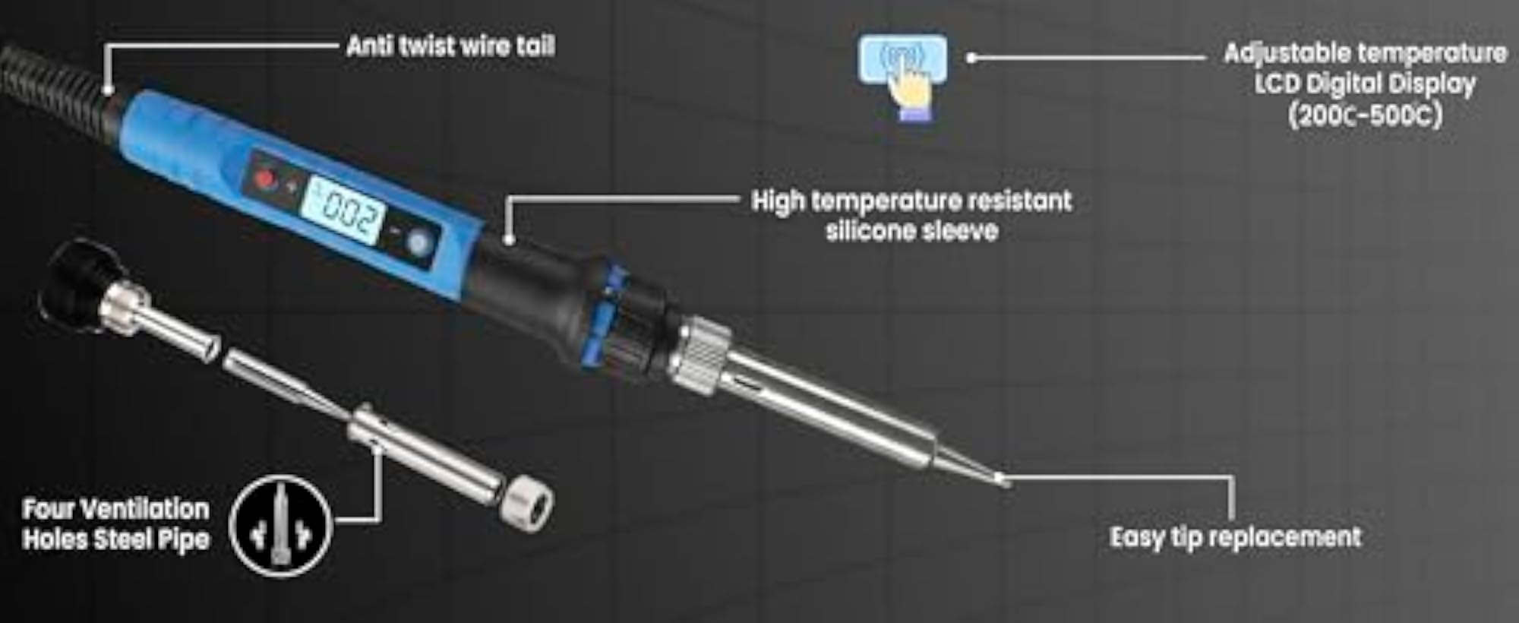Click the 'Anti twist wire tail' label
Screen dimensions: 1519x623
click(x=450, y=46)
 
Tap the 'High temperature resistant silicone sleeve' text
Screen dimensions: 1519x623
click(x=911, y=216)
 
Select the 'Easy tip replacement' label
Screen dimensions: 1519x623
click(x=1236, y=537)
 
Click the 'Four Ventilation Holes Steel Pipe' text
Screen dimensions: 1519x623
click(x=116, y=524)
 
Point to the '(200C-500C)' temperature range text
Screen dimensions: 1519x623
click(x=1365, y=115)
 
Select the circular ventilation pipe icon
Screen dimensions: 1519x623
click(x=280, y=526)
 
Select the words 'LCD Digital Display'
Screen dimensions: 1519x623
click(x=1365, y=84)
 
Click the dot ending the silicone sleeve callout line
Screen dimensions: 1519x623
click(x=510, y=240)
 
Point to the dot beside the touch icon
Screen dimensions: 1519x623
click(x=971, y=57)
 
